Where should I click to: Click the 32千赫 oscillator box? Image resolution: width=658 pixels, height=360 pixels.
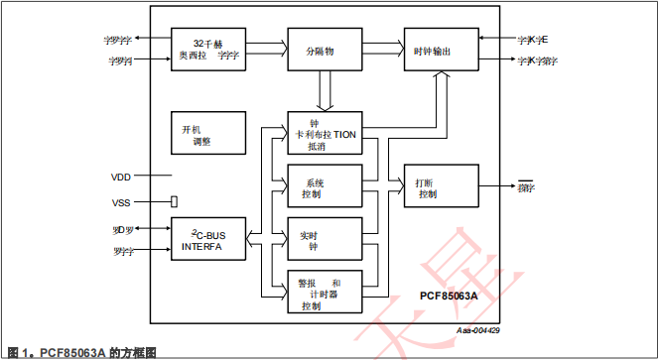[x=208, y=49]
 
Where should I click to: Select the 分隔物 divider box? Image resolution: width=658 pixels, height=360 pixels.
[x=325, y=50]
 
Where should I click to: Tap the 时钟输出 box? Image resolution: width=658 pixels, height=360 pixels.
[x=441, y=50]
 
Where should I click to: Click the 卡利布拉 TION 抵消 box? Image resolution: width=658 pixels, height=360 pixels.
[x=325, y=133]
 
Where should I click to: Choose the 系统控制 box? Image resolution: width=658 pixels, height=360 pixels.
[x=325, y=187]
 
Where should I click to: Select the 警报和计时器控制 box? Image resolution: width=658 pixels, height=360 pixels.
[x=325, y=294]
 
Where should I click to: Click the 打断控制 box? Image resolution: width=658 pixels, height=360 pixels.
[x=441, y=187]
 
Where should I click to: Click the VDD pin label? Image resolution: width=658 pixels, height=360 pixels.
[x=121, y=177]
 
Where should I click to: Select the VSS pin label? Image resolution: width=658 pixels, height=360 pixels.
[x=121, y=202]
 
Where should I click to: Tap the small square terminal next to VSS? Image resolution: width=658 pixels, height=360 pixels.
[x=174, y=201]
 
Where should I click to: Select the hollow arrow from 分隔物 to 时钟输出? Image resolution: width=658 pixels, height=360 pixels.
[x=382, y=48]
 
